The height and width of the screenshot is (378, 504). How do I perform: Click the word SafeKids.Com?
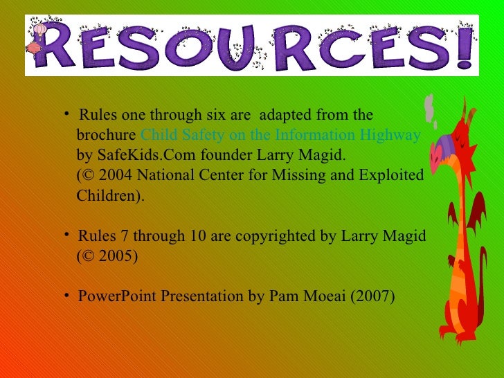(134, 154)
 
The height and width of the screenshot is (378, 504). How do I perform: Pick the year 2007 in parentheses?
(374, 296)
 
